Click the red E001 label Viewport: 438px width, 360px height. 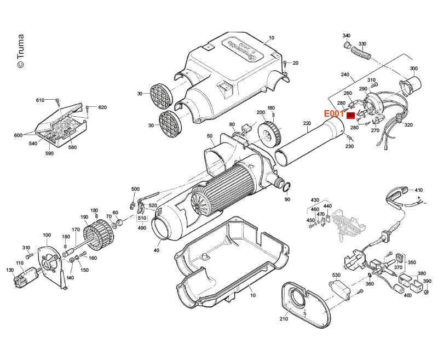pyautogui.click(x=333, y=114)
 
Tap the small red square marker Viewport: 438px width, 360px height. pyautogui.click(x=350, y=115)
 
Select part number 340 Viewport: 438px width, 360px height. pyautogui.click(x=346, y=36)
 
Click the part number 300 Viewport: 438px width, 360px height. pyautogui.click(x=413, y=69)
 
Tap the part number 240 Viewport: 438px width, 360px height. pyautogui.click(x=344, y=75)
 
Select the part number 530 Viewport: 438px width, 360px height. pyautogui.click(x=336, y=275)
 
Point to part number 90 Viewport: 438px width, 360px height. pyautogui.click(x=287, y=199)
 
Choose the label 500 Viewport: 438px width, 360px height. pyautogui.click(x=135, y=189)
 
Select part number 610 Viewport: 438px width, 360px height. pyautogui.click(x=40, y=100)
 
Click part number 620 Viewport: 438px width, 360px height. pyautogui.click(x=102, y=107)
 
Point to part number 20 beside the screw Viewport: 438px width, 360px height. pyautogui.click(x=296, y=63)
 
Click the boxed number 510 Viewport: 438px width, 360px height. pyautogui.click(x=141, y=218)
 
